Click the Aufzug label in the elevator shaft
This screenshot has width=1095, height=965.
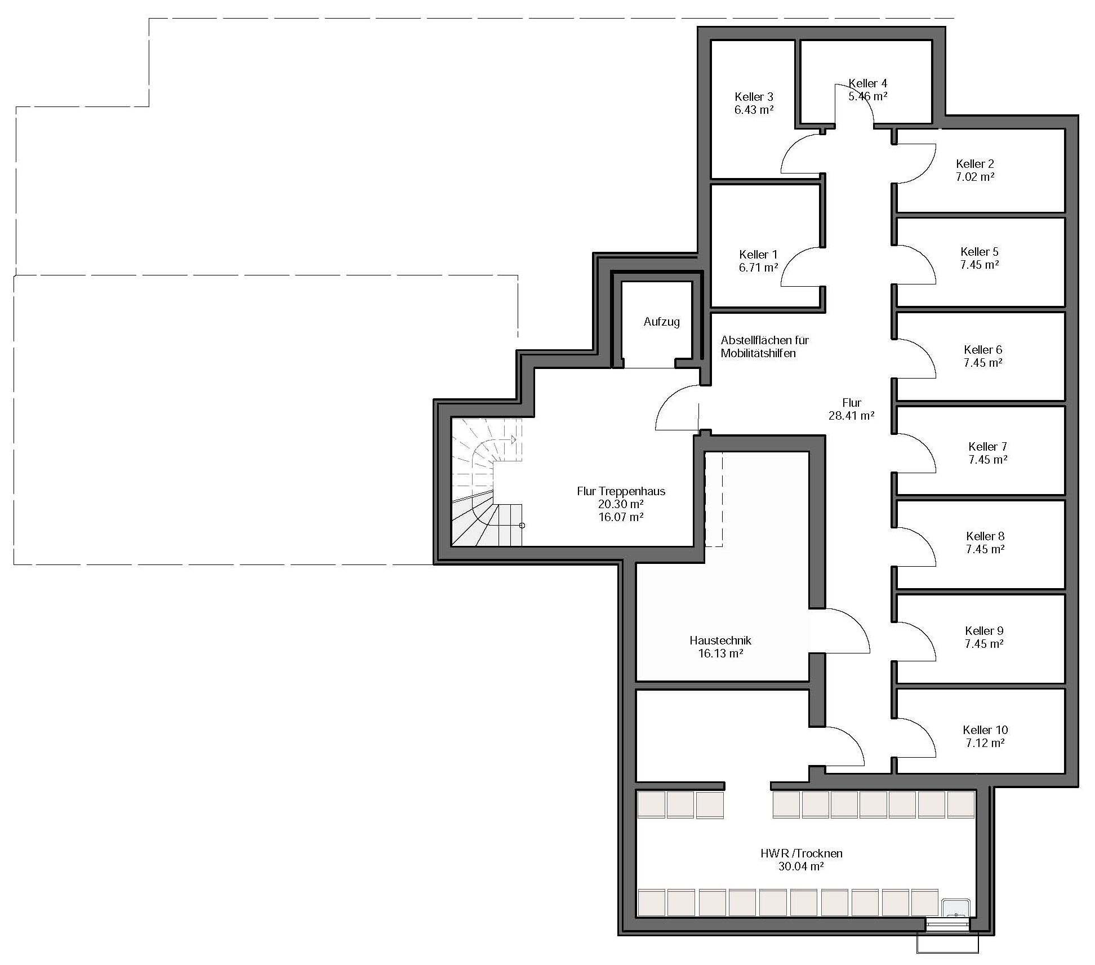[x=661, y=322]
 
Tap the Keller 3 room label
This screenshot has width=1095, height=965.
[x=754, y=97]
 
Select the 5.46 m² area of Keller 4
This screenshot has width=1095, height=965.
[x=868, y=96]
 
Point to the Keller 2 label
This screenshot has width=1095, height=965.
[x=975, y=164]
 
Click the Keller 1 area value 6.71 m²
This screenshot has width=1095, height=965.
[x=759, y=268]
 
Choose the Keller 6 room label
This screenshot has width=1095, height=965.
[x=983, y=350]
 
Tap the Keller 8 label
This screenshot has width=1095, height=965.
[x=985, y=536]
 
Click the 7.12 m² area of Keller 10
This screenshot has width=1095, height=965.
[x=985, y=743]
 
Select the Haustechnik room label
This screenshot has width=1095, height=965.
[x=720, y=641]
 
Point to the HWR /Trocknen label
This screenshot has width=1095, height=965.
[x=802, y=853]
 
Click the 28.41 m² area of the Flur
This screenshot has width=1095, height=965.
[x=851, y=416]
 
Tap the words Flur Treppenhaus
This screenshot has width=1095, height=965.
[x=621, y=491]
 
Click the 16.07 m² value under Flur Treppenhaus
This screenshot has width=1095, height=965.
[x=621, y=517]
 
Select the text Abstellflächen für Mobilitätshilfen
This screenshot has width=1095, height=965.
[x=764, y=347]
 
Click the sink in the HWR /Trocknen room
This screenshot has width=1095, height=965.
[x=956, y=908]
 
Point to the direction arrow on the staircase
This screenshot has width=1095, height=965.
[x=513, y=439]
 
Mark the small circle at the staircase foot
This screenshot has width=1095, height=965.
[x=522, y=526]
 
